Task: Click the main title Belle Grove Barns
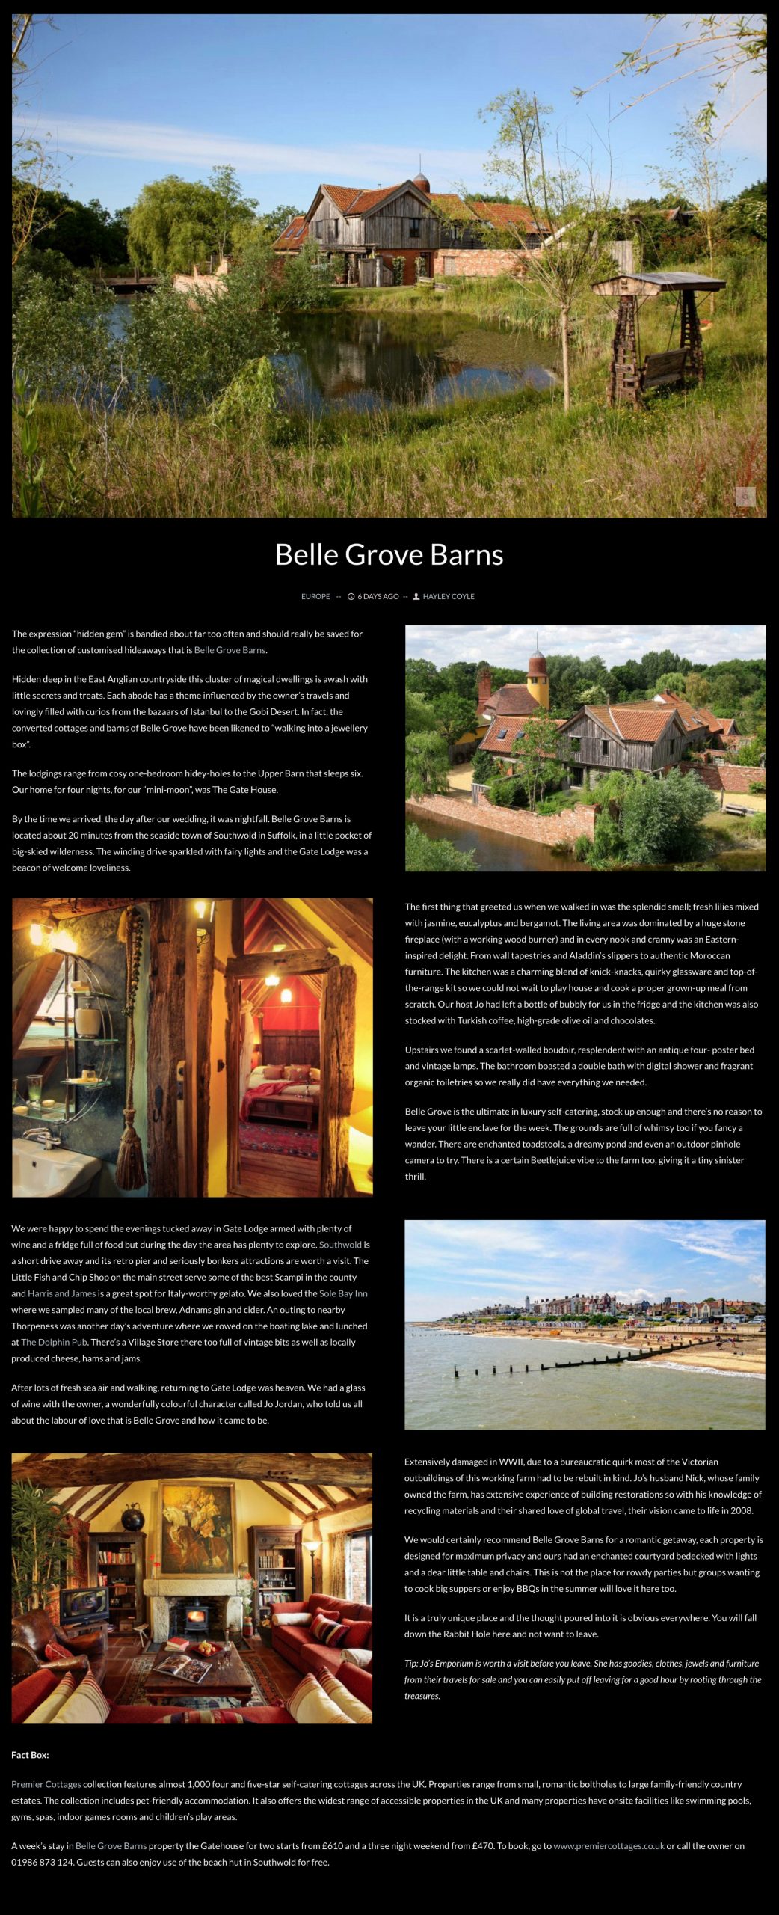pyautogui.click(x=389, y=554)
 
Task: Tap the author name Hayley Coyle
pyautogui.click(x=449, y=596)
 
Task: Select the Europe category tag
pyautogui.click(x=315, y=596)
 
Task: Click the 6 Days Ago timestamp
pyautogui.click(x=378, y=596)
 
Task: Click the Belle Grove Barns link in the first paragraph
pyautogui.click(x=230, y=650)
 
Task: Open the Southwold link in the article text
pyautogui.click(x=340, y=1245)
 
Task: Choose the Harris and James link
pyautogui.click(x=62, y=1293)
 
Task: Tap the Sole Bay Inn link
pyautogui.click(x=343, y=1293)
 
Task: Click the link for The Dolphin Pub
pyautogui.click(x=55, y=1342)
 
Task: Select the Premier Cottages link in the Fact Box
pyautogui.click(x=46, y=1784)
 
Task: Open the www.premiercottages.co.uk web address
pyautogui.click(x=609, y=1846)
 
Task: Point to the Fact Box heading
pyautogui.click(x=30, y=1755)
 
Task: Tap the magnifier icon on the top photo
pyautogui.click(x=745, y=496)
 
